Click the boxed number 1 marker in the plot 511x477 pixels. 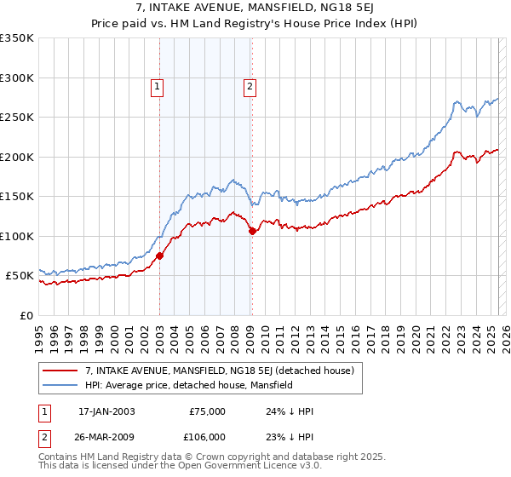tap(158, 85)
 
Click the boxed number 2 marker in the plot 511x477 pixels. tap(250, 85)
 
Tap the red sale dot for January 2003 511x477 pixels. tap(159, 255)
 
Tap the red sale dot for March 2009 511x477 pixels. tap(252, 231)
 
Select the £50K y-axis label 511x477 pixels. tap(20, 276)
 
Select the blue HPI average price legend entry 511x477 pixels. tap(188, 385)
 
